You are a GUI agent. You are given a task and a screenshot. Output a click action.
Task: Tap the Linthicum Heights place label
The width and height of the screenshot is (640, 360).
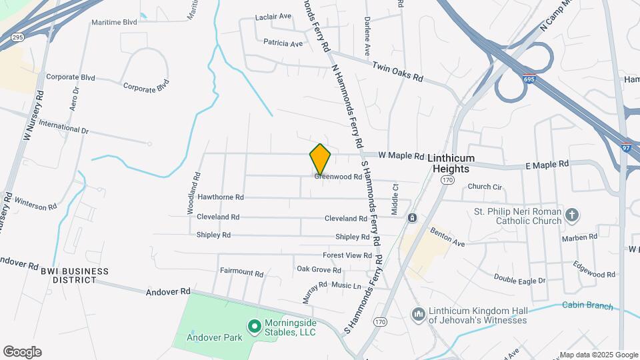tap(460, 163)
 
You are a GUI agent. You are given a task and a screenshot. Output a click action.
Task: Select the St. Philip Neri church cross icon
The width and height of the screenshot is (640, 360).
tap(571, 215)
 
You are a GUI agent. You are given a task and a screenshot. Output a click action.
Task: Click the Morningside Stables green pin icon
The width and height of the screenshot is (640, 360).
tap(254, 326)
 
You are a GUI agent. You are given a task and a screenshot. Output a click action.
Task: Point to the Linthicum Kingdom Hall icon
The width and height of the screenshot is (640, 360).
tap(419, 313)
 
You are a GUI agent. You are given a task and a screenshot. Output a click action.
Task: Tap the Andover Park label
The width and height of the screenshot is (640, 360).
tap(213, 337)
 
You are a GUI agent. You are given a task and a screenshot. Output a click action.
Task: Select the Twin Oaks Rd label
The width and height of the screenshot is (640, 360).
tap(397, 73)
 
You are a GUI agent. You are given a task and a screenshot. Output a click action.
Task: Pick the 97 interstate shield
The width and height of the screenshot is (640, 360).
tap(625, 148)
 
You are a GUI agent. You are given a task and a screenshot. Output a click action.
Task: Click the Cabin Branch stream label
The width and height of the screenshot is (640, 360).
tap(587, 306)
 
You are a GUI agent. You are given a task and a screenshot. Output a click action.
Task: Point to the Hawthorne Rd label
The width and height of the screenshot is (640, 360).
tap(221, 197)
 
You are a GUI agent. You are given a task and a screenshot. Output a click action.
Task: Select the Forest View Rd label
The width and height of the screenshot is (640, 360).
tap(347, 255)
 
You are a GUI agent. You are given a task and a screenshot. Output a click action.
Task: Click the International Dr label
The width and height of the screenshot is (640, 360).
tap(63, 126)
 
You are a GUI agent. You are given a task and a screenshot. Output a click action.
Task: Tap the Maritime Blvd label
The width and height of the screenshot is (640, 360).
tap(114, 22)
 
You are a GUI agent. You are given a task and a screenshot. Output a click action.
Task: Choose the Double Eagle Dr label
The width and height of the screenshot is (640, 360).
tap(519, 279)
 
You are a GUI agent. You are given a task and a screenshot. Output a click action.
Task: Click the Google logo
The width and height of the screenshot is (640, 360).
tap(22, 352)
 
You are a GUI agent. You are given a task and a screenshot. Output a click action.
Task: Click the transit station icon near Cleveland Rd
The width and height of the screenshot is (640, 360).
tap(413, 218)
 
